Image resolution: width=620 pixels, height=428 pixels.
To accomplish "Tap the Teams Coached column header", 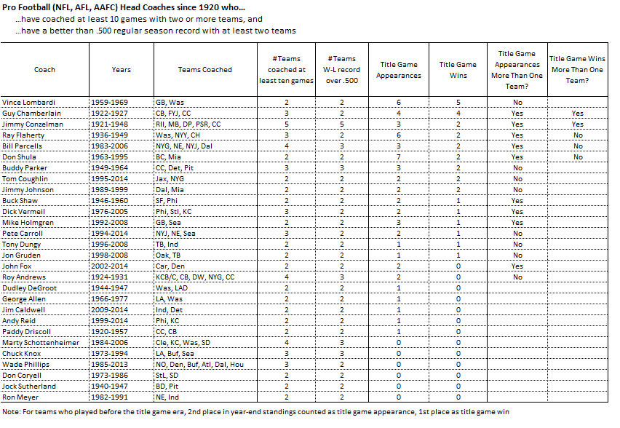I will coord(204,70).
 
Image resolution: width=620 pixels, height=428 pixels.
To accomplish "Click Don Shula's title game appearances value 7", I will coord(398,157).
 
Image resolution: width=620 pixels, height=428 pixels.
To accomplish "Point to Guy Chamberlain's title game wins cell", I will coord(458,114).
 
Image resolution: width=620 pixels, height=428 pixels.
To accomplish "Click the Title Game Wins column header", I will coord(458,70).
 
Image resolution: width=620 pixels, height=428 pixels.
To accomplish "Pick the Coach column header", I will coord(44,70).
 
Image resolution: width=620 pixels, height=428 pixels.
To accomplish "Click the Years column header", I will coord(122,70).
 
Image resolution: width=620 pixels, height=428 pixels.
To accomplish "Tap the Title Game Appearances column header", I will coord(398,70).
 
